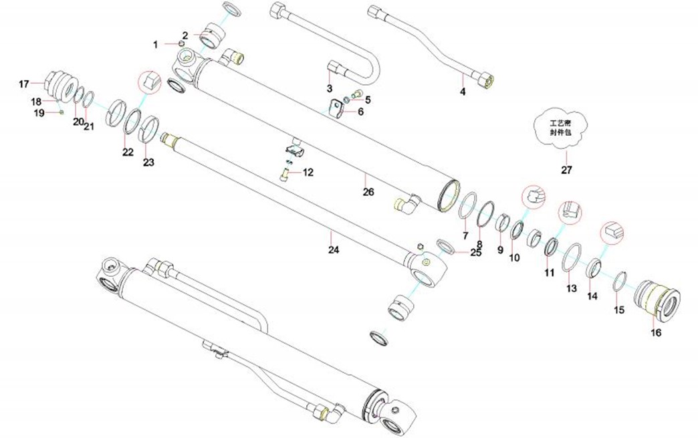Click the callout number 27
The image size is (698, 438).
coord(566,170)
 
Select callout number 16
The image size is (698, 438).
coord(656,332)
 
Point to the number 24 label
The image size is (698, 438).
coord(334,250)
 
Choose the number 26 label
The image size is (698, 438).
coord(368,192)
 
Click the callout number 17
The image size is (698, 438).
coord(24,84)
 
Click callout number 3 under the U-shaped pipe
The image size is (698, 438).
coord(330,88)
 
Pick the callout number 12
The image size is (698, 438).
coord(308,173)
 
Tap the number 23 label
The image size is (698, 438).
coord(148,162)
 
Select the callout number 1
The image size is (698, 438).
coord(156,44)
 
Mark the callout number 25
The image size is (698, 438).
coord(475,253)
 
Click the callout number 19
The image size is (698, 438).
coord(39,113)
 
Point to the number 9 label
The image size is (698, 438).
coord(500,250)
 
